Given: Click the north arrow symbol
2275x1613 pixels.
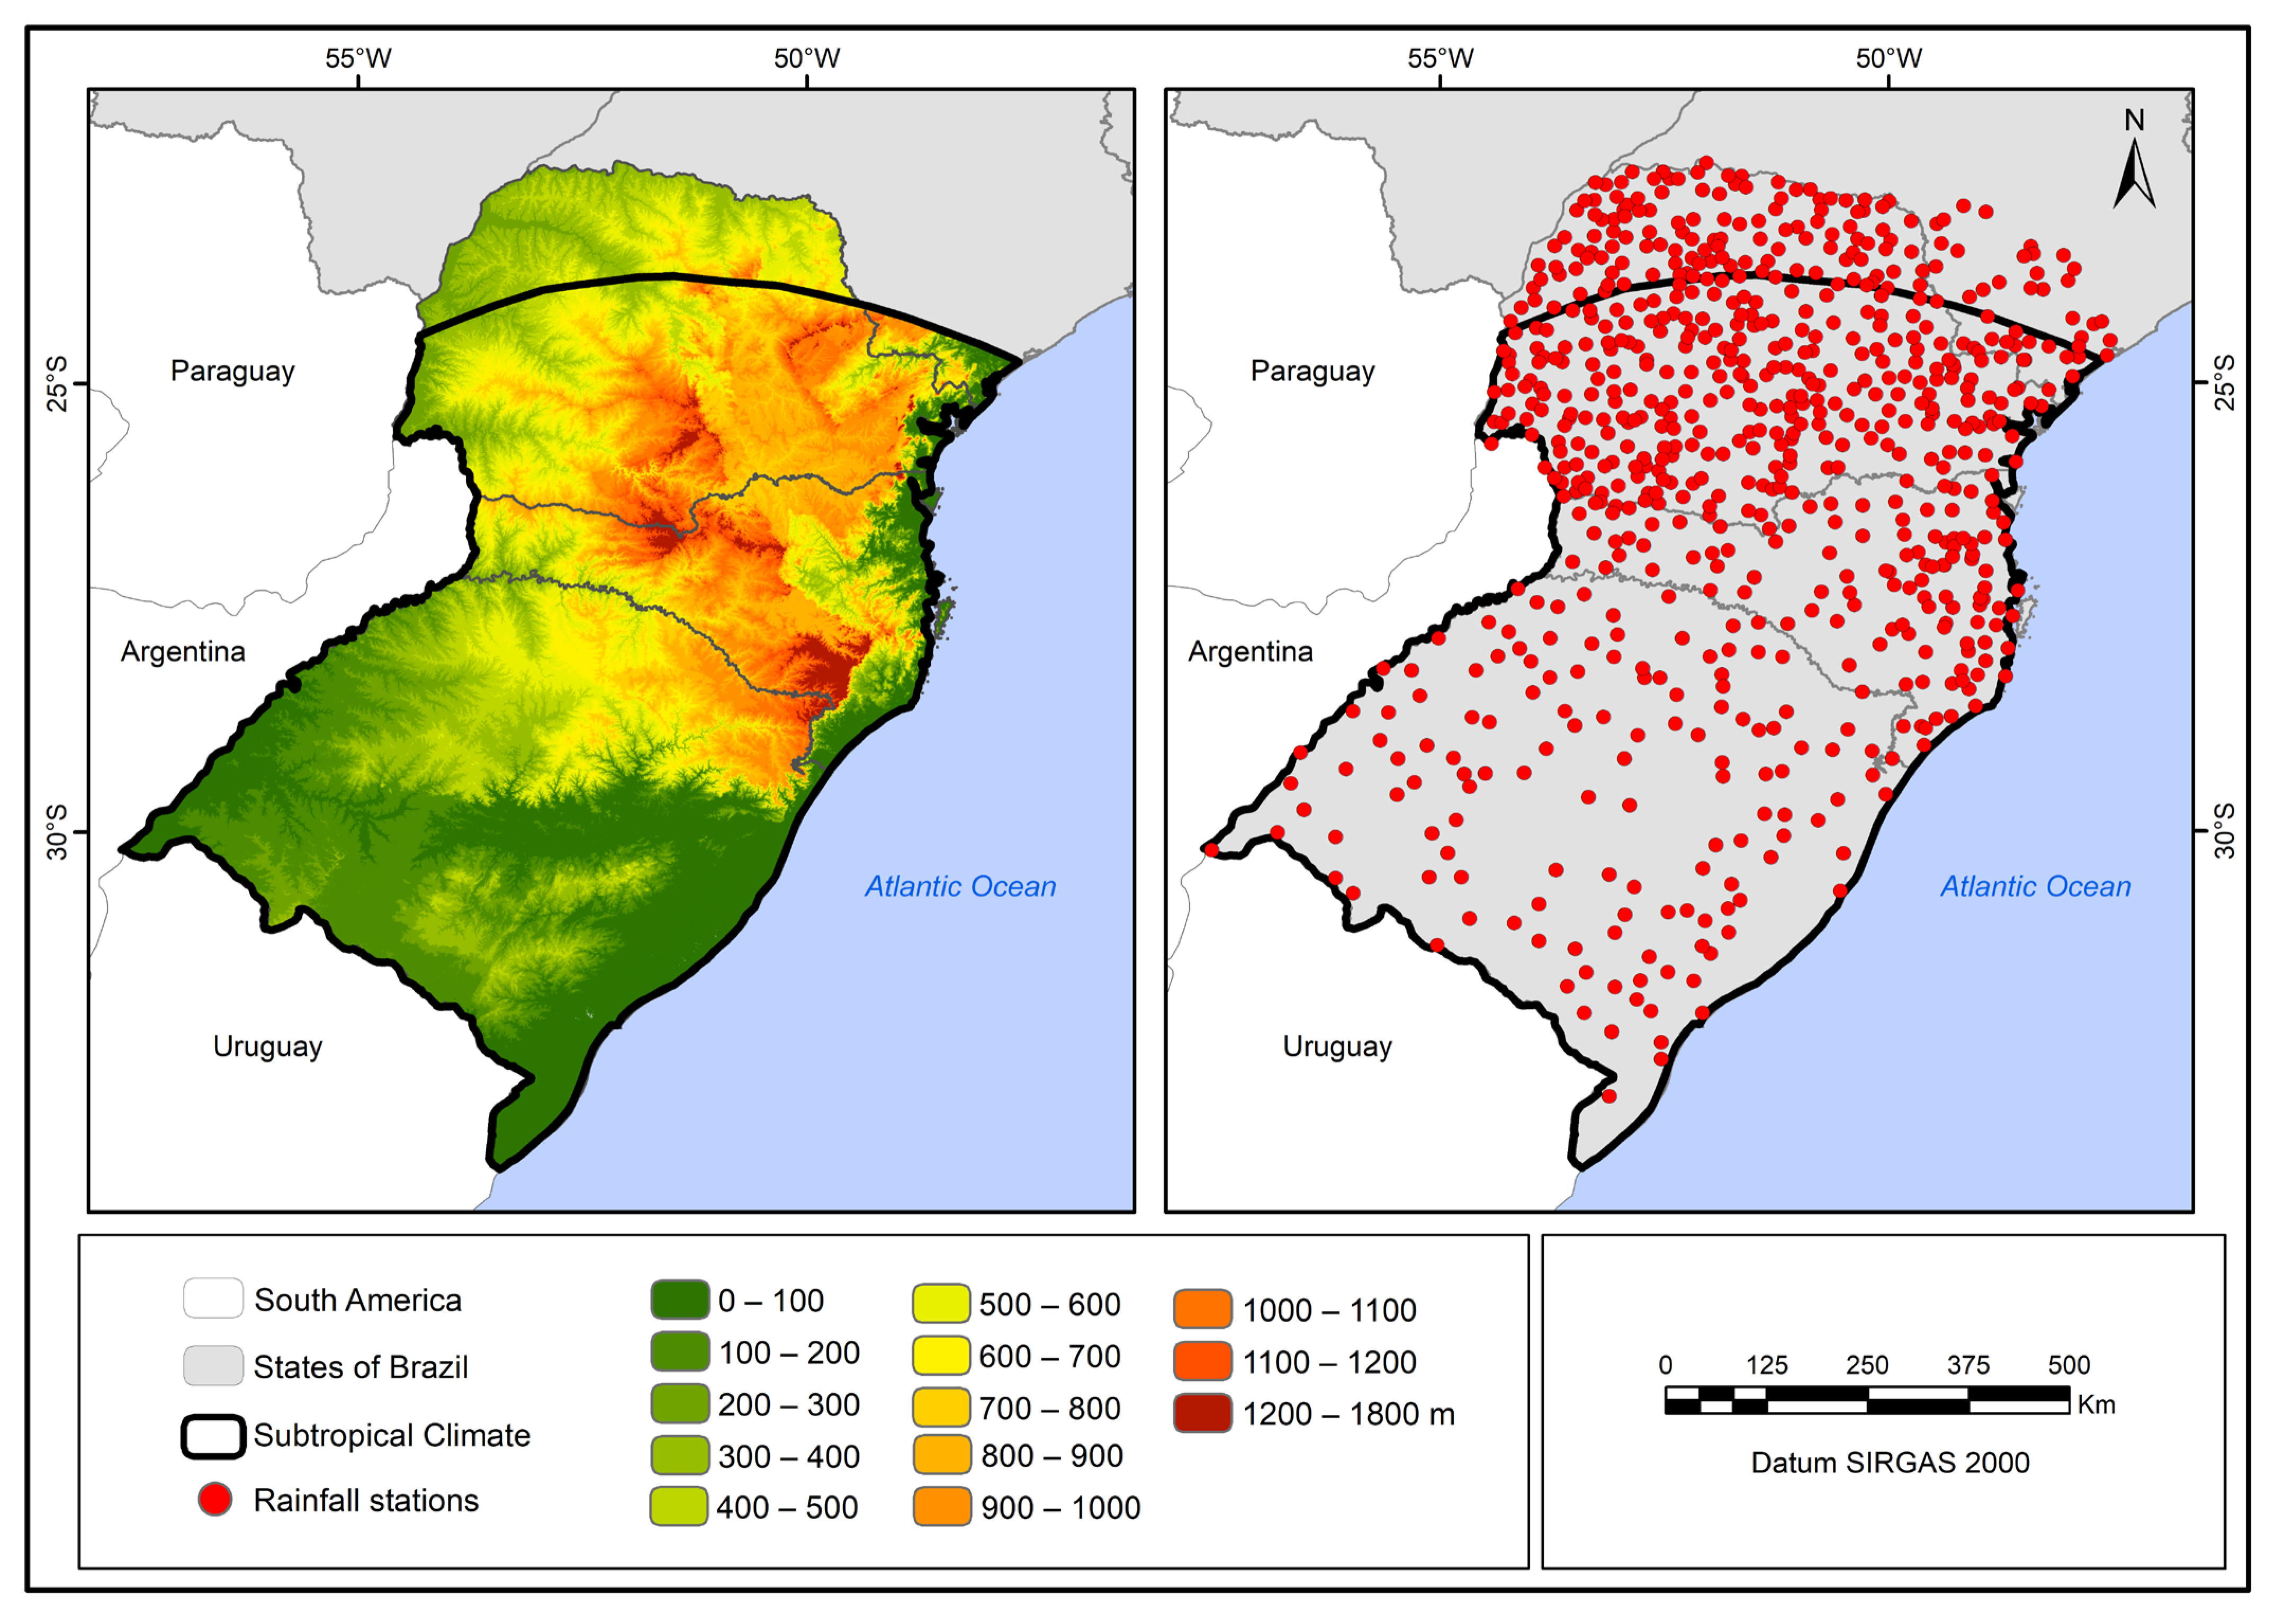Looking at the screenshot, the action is pyautogui.click(x=2133, y=169).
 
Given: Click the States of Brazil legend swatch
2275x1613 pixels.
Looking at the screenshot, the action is pyautogui.click(x=213, y=1366).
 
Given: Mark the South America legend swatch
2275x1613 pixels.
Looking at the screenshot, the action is pyautogui.click(x=213, y=1298).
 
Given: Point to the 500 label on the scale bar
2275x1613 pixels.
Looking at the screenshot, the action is pyautogui.click(x=2069, y=1365).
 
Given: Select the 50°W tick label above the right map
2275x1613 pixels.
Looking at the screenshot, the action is pyautogui.click(x=1889, y=59).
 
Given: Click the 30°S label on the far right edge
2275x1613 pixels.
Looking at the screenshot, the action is pyautogui.click(x=2224, y=830).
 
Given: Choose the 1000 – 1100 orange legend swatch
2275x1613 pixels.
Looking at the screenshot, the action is pyautogui.click(x=1202, y=1309).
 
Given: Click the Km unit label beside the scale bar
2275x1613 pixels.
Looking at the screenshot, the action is pyautogui.click(x=2096, y=1404).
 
